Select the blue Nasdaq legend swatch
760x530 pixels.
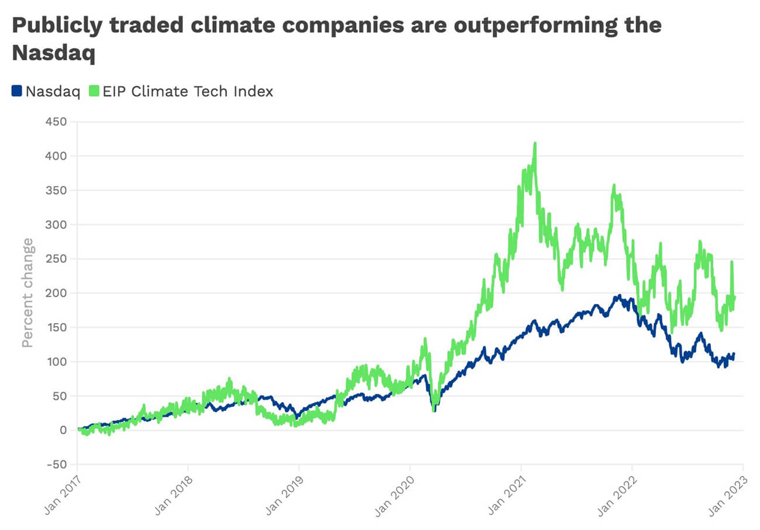click(17, 91)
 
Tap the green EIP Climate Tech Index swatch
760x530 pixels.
click(94, 91)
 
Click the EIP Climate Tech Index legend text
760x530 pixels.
click(188, 91)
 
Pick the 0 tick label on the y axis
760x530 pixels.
click(63, 430)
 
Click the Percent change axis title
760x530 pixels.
click(27, 292)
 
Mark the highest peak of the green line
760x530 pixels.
click(535, 144)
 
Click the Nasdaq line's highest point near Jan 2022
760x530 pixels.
click(619, 296)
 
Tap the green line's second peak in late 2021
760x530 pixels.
click(613, 186)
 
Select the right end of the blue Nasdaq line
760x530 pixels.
click(734, 354)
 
